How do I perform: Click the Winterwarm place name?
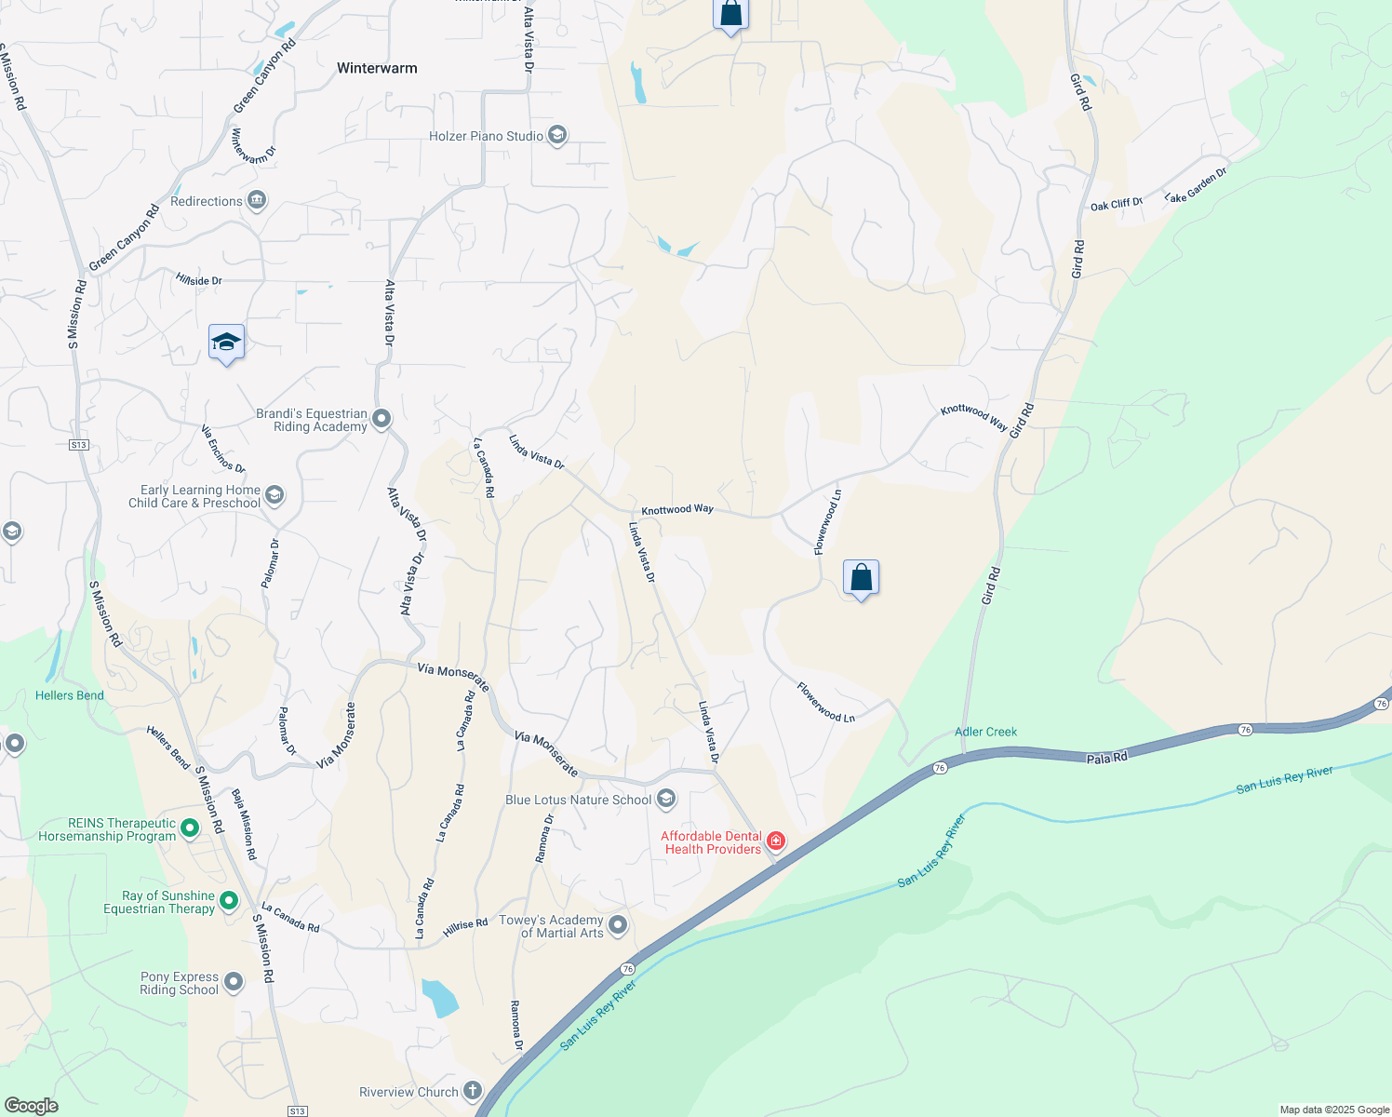click(377, 68)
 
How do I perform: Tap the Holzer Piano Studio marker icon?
click(557, 136)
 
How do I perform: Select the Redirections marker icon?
click(257, 201)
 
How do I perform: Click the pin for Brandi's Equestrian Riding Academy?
click(381, 420)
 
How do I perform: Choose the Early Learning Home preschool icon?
click(274, 495)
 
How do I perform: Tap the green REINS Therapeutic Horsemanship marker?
click(190, 828)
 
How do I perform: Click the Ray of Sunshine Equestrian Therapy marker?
click(229, 901)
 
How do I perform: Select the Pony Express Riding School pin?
click(234, 982)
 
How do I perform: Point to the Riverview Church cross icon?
click(473, 1091)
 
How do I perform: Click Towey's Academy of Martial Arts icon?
click(618, 925)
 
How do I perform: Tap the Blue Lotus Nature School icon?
click(666, 799)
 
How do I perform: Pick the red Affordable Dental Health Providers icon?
click(775, 841)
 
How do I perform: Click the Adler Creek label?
click(985, 732)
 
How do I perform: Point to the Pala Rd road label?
click(1107, 758)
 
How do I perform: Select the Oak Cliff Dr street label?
click(1116, 204)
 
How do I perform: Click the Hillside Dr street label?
click(199, 279)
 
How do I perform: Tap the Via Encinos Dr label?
click(223, 449)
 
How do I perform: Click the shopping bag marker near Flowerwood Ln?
click(861, 578)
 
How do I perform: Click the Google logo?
click(32, 1105)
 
